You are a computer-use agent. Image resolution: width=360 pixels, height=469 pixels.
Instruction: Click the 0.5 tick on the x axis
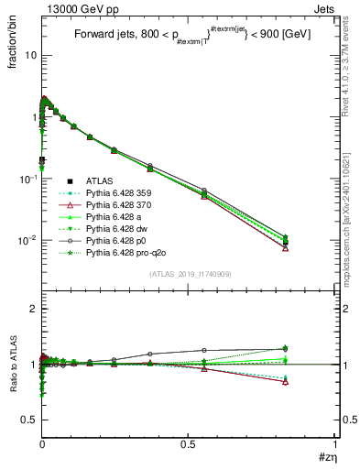pyautogui.click(x=189, y=446)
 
